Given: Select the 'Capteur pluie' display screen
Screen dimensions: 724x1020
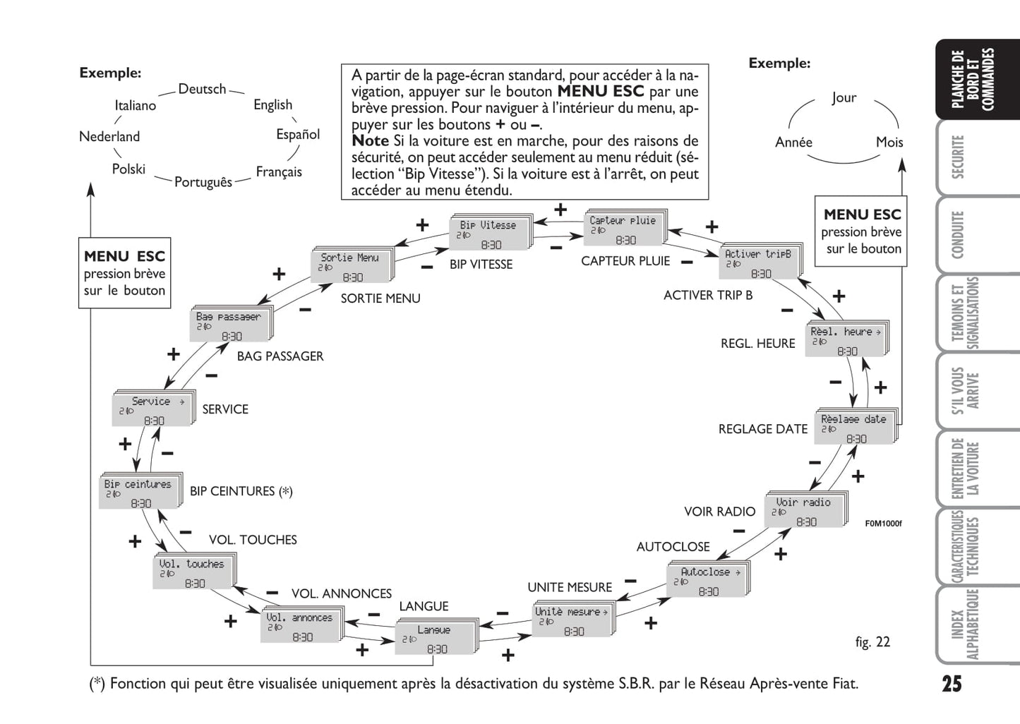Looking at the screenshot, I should coord(624,229).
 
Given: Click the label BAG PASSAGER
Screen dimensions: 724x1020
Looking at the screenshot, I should coord(280,356).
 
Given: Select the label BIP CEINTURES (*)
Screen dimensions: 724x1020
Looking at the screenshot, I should coord(241,491).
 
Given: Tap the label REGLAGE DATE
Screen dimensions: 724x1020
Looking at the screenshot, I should coord(762,429).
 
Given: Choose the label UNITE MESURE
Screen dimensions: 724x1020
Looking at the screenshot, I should coord(570,587).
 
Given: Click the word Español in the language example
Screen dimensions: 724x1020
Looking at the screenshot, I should coord(297,134).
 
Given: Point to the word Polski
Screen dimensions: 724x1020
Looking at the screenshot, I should coord(128,169).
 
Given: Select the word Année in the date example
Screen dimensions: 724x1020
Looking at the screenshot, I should coord(793,143).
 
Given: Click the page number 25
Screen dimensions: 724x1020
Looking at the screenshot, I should coord(951,684).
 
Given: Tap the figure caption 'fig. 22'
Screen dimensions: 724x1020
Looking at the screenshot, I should coord(872,641).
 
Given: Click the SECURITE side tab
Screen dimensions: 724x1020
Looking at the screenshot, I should coord(958,157).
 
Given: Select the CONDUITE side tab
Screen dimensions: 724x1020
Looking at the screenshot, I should coord(958,235).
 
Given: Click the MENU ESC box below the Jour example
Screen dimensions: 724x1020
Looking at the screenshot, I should coord(861,231).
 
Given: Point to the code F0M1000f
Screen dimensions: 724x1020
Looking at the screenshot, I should coord(883,524).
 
